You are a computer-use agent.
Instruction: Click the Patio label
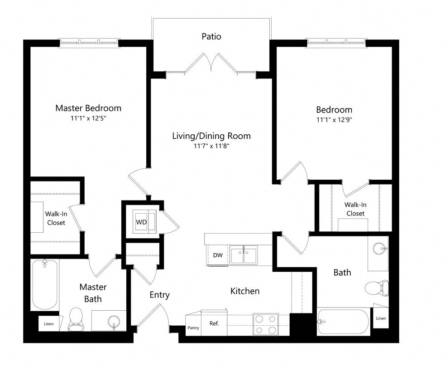click(211, 36)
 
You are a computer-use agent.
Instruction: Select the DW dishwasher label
click(218, 255)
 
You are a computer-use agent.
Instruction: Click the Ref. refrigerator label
click(214, 323)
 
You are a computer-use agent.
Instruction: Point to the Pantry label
click(193, 328)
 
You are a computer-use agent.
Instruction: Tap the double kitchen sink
click(243, 255)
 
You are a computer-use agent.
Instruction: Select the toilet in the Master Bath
click(76, 318)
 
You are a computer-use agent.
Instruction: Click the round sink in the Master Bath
click(113, 322)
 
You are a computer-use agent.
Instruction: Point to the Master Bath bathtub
click(45, 284)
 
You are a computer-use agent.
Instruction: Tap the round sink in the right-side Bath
click(379, 248)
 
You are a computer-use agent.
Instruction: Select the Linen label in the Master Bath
click(48, 323)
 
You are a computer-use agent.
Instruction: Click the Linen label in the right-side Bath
click(381, 318)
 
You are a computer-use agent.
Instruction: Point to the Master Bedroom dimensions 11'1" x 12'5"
click(88, 118)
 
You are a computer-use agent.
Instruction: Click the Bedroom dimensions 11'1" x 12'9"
click(334, 120)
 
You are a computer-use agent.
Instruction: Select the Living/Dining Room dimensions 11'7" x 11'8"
click(211, 146)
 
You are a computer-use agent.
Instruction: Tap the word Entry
click(160, 295)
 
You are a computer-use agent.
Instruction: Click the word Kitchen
click(245, 291)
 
